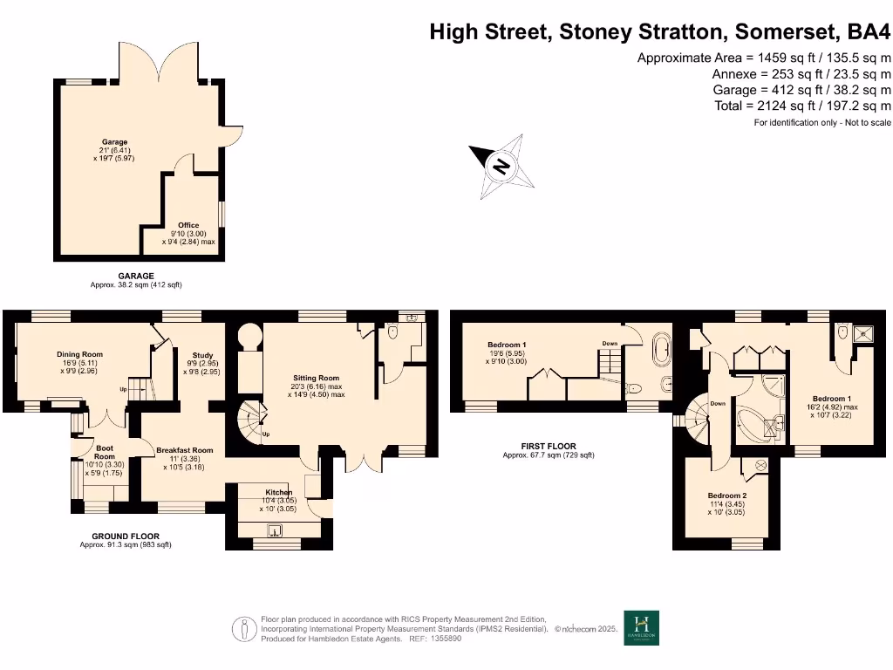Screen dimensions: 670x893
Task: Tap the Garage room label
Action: (x=114, y=142)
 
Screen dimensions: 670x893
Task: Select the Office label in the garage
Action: (x=188, y=226)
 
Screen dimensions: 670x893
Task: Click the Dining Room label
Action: (x=80, y=354)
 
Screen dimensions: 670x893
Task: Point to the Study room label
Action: (x=202, y=355)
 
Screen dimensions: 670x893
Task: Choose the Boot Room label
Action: (x=104, y=452)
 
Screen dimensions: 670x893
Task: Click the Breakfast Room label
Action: (x=185, y=450)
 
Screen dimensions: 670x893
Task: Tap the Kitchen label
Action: (x=278, y=493)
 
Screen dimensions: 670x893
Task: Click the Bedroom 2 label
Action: (x=726, y=496)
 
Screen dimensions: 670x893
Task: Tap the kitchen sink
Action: (x=275, y=530)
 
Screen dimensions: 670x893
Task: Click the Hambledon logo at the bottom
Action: (x=642, y=627)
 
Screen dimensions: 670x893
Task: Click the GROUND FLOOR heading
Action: (x=126, y=537)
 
